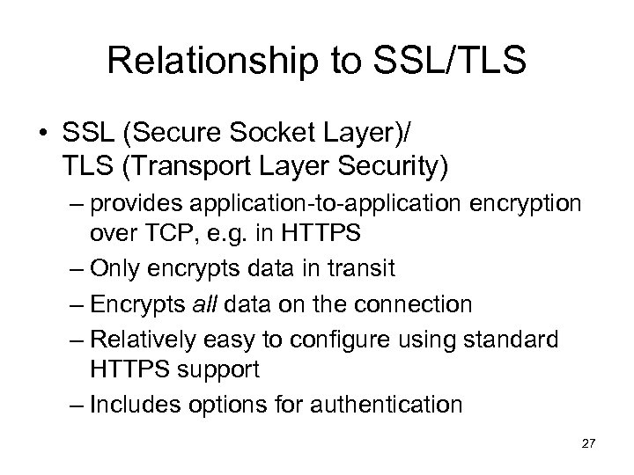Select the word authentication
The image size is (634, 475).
coord(387,404)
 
